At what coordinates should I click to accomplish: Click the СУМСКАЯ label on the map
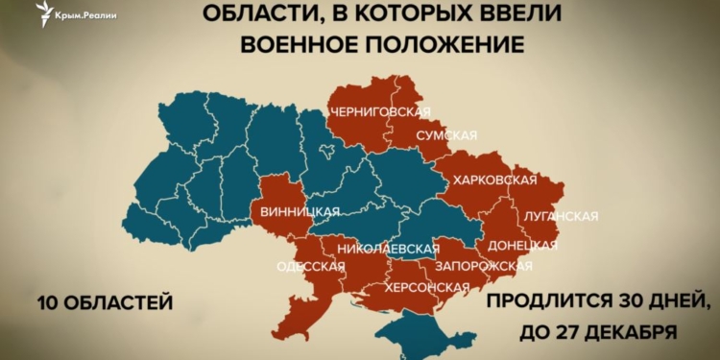click(x=446, y=135)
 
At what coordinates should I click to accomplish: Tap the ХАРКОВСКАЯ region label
click(x=495, y=180)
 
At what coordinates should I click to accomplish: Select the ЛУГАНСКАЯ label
click(x=562, y=214)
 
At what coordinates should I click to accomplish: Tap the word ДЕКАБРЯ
click(x=631, y=334)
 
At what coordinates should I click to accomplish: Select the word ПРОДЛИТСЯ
click(x=540, y=303)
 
